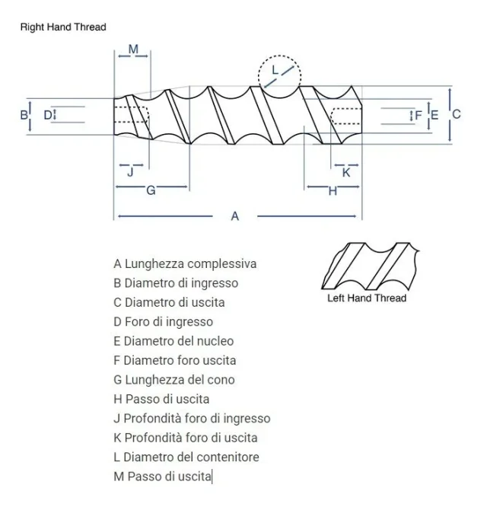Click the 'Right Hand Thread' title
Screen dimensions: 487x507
(63, 27)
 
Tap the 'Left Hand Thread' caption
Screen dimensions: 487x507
(367, 298)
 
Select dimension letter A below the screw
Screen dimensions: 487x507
(235, 216)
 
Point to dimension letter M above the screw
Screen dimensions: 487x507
(133, 49)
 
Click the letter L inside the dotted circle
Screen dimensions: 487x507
(275, 70)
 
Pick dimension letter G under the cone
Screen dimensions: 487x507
(151, 190)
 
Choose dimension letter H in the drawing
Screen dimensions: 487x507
(333, 191)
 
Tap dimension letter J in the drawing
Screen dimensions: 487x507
(130, 172)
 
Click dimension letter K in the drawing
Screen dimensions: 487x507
(346, 173)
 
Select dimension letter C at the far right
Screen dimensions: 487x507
(457, 114)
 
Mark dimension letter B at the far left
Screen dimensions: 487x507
(24, 115)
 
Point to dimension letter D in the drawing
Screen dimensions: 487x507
(48, 115)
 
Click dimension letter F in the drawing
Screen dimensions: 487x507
(419, 115)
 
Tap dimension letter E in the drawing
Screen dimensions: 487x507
(434, 115)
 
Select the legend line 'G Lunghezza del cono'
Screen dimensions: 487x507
(174, 380)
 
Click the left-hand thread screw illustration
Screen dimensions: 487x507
(371, 266)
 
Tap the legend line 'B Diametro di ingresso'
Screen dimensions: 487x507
(176, 283)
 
